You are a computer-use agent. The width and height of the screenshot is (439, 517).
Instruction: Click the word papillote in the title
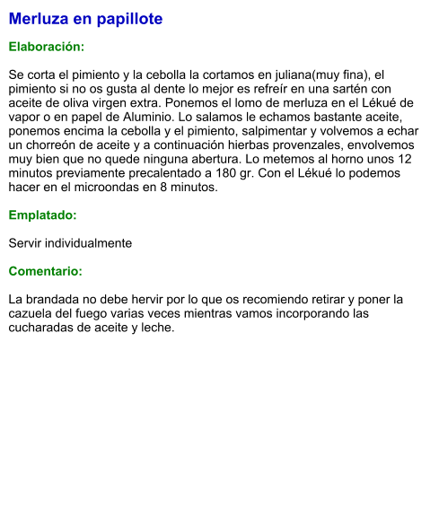click(x=128, y=19)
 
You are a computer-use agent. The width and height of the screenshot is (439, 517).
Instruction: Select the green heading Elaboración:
click(x=47, y=46)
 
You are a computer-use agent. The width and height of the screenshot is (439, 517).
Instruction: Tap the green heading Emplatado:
click(x=42, y=215)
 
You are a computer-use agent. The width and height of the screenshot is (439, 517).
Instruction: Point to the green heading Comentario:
click(x=46, y=271)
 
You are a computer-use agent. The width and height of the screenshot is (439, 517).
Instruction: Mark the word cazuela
click(x=32, y=313)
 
